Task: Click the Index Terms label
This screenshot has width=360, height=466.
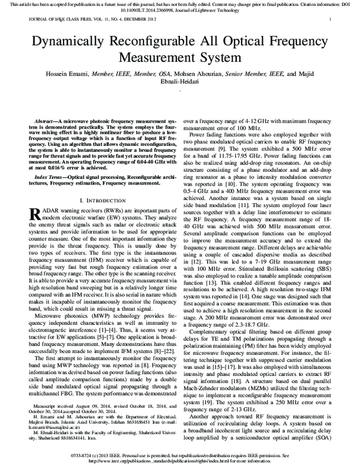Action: [x=52, y=178]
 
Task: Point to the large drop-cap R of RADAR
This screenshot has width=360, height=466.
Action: [x=35, y=214]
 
